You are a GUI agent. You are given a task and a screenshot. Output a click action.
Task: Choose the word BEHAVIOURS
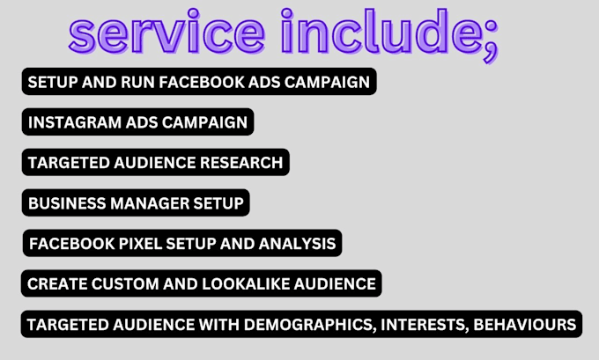tap(526, 325)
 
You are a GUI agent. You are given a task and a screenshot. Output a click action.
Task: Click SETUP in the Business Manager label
tap(218, 203)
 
